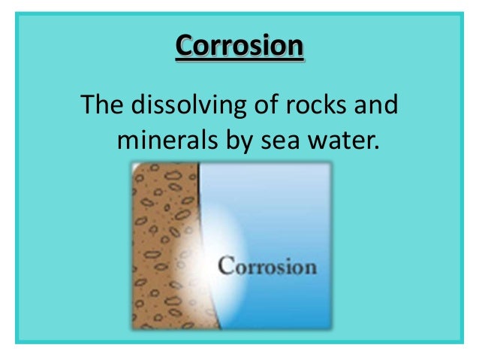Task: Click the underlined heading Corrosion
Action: (x=239, y=47)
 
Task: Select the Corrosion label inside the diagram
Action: (x=267, y=267)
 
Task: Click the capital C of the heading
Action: (x=184, y=47)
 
